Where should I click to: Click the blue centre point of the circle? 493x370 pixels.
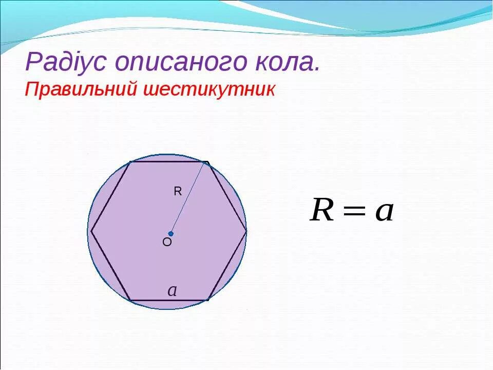point(170,233)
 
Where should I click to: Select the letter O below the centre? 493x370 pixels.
point(167,243)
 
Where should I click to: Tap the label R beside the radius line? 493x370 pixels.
point(178,192)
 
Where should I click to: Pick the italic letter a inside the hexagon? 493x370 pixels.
point(173,291)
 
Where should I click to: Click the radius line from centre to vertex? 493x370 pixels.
point(188,198)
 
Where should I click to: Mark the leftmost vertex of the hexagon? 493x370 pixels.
point(91,231)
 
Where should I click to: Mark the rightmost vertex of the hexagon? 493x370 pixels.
point(246,231)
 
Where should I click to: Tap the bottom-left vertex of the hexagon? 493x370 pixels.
point(130,300)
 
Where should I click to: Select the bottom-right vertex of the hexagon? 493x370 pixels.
point(208,300)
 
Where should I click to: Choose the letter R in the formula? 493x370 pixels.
point(322,211)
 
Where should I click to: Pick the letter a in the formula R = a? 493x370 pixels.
point(384,212)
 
